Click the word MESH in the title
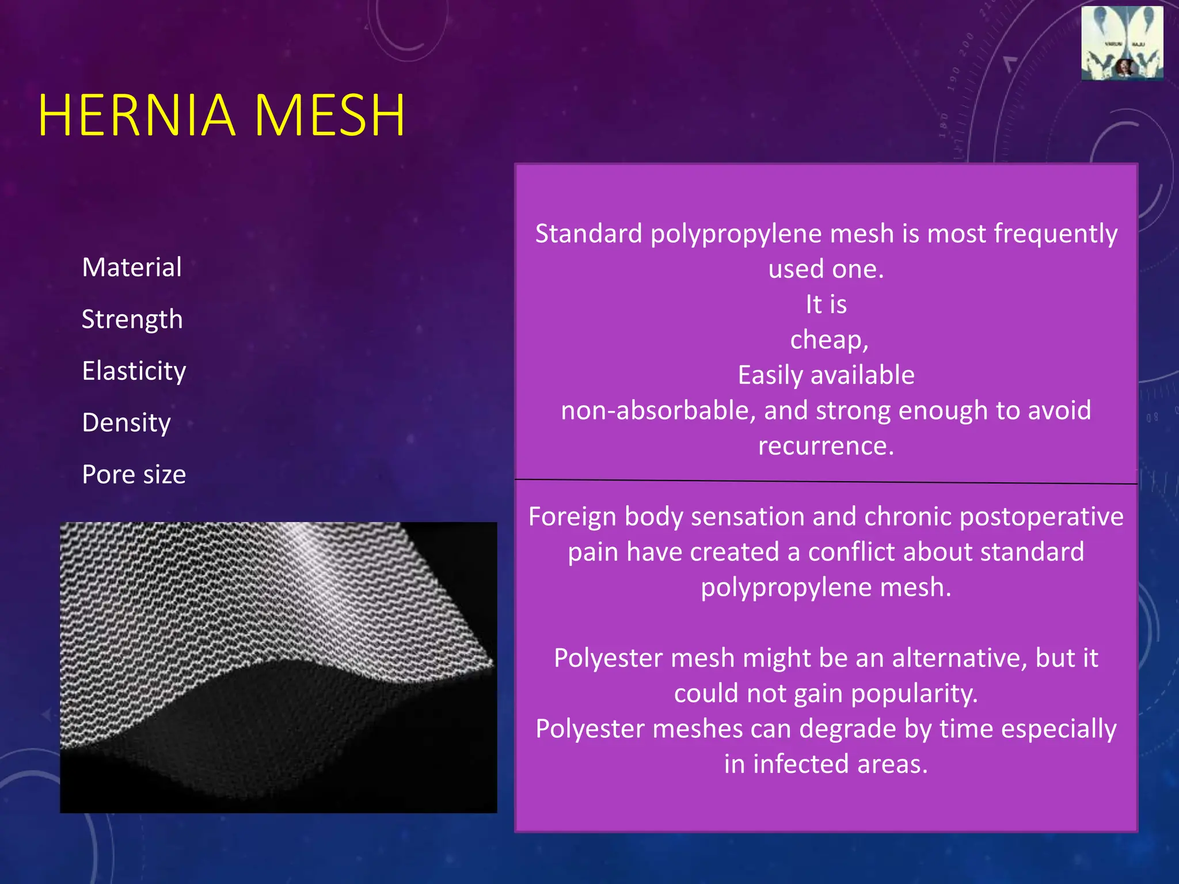(329, 116)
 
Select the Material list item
(132, 267)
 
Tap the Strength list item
(132, 319)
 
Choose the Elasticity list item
(134, 371)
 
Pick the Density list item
(127, 422)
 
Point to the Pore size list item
(134, 474)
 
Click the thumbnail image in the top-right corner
(1122, 43)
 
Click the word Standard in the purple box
(588, 234)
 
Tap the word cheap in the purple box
(827, 340)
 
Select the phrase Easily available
(826, 375)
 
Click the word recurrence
(826, 446)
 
